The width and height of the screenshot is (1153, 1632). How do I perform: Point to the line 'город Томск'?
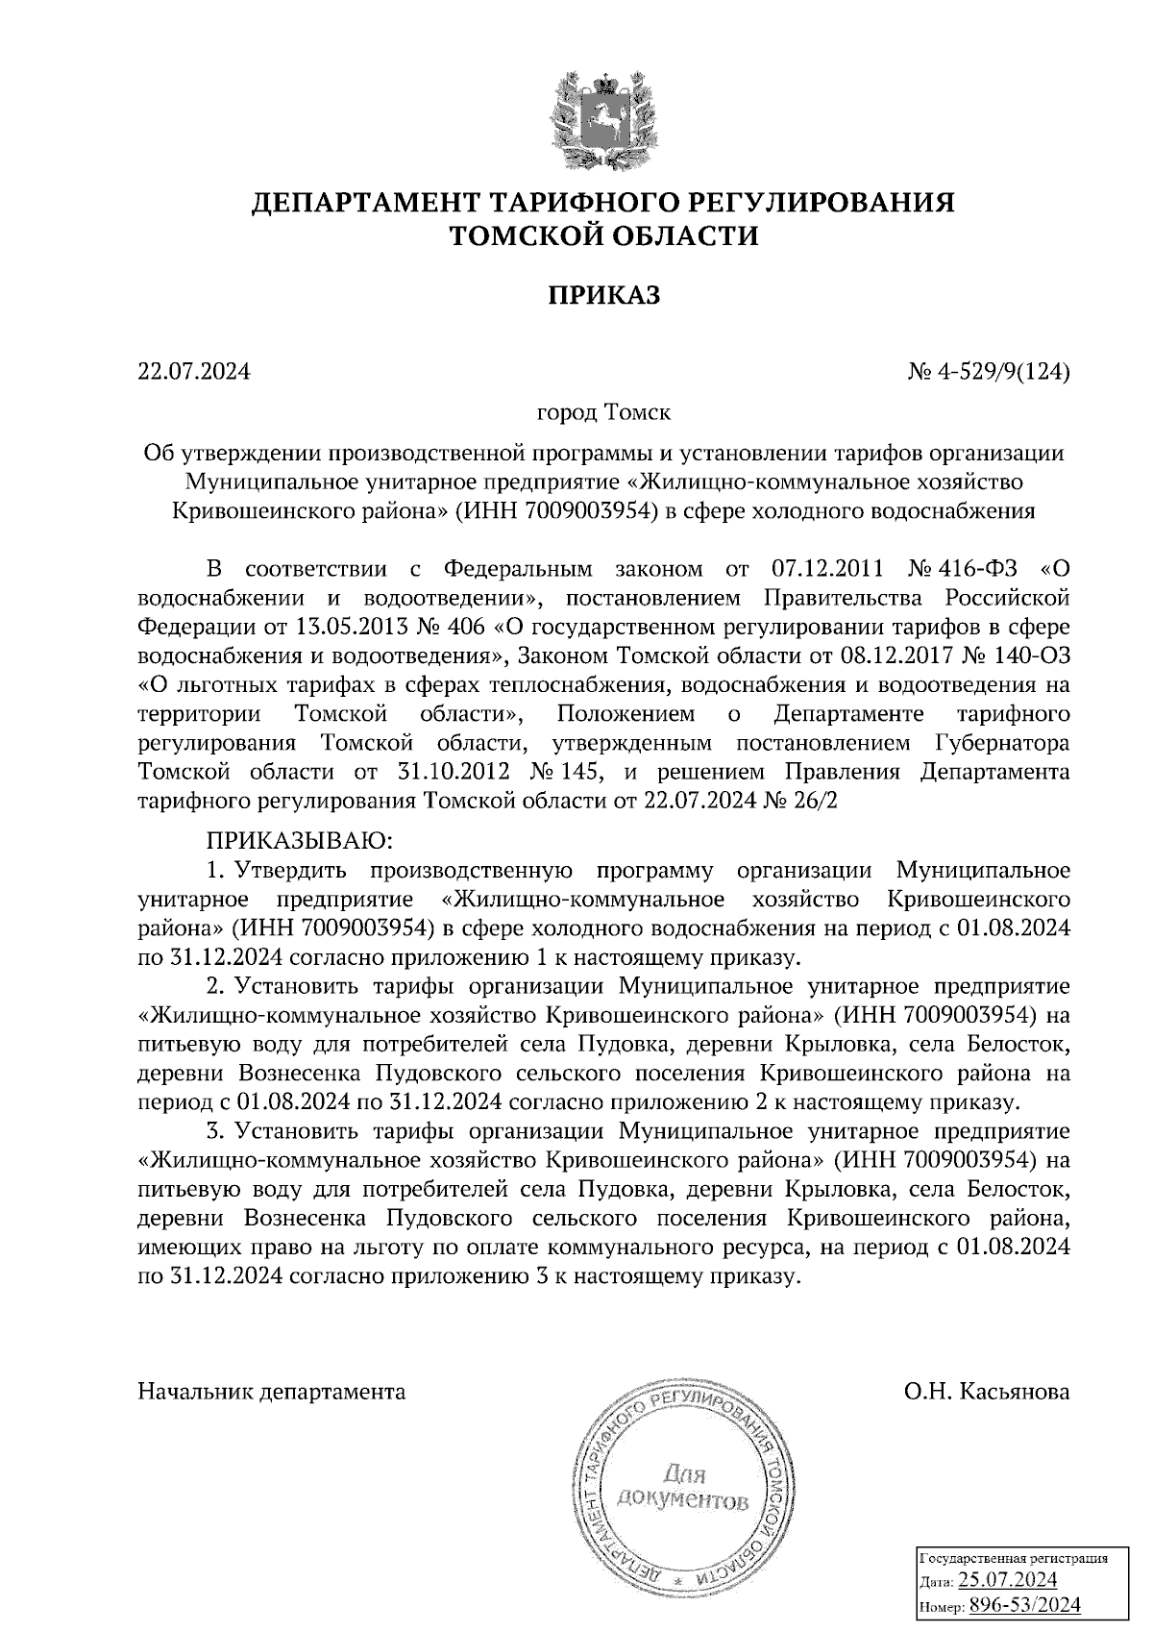click(603, 413)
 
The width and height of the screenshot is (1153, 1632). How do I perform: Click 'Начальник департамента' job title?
click(272, 1391)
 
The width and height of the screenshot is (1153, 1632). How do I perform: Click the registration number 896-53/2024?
click(1024, 1605)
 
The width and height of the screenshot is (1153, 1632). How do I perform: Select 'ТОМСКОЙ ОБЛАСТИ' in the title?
click(604, 235)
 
